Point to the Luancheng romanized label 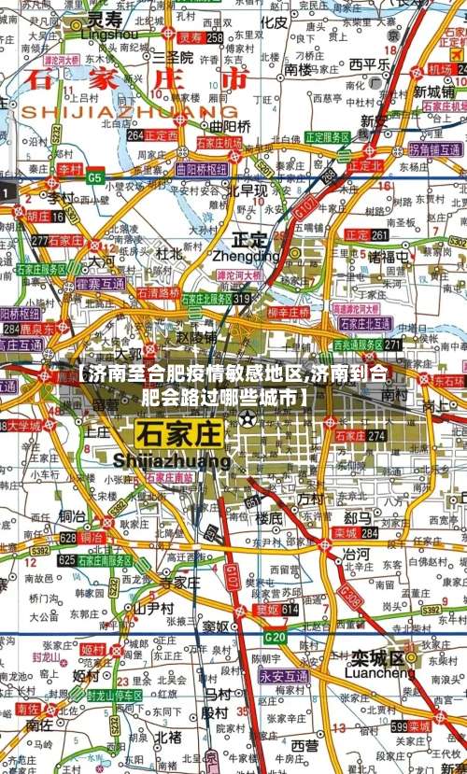(379, 671)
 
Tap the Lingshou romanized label (109, 34)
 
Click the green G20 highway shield (275, 638)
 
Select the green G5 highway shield (95, 176)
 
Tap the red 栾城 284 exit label (355, 533)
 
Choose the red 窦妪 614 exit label (276, 610)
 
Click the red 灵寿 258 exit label (201, 37)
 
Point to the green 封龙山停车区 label (115, 696)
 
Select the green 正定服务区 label (327, 137)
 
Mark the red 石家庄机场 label (219, 143)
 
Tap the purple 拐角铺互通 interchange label (433, 149)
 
